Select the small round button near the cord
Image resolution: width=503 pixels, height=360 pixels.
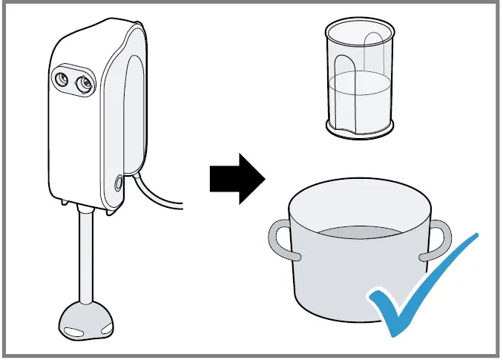point(119,181)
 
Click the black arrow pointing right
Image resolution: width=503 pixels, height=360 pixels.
point(237,177)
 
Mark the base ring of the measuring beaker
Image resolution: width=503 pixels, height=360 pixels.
point(359,131)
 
